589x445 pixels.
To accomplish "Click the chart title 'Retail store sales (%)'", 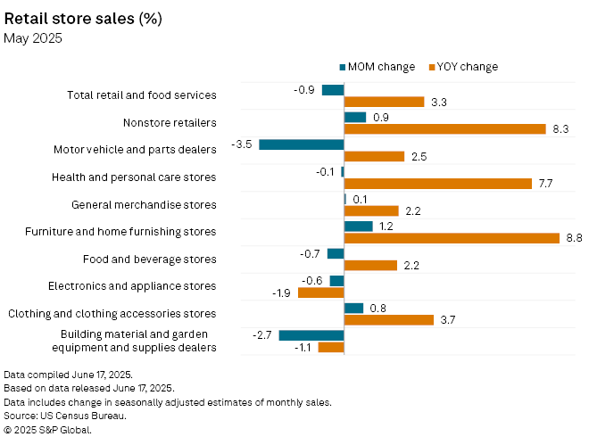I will click(x=83, y=17).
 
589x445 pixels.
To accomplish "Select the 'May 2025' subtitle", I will click(x=32, y=37).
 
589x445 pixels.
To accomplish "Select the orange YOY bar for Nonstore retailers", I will click(x=444, y=129).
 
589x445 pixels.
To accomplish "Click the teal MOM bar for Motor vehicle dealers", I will click(x=302, y=144).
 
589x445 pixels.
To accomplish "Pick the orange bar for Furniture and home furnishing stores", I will click(x=452, y=238).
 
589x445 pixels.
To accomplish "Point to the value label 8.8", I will click(x=574, y=238).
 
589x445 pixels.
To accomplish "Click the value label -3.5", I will click(x=241, y=144).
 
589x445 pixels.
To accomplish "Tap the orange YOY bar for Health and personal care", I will click(x=438, y=184).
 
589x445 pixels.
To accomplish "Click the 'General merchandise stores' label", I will click(x=144, y=204).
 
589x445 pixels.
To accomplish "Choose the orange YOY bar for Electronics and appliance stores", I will click(x=321, y=293).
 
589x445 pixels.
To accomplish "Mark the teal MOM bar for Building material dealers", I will click(x=311, y=335).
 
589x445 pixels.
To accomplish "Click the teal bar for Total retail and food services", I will click(x=333, y=90).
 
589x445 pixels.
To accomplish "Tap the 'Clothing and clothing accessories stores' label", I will click(x=112, y=314).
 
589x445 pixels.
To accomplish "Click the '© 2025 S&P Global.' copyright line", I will click(x=48, y=429).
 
